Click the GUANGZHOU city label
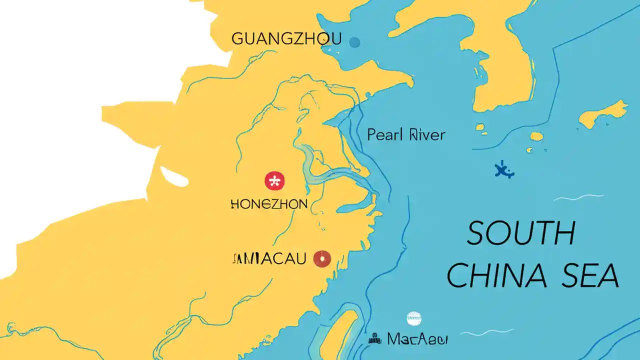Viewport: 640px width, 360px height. pyautogui.click(x=286, y=38)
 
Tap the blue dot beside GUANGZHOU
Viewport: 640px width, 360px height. pyautogui.click(x=354, y=42)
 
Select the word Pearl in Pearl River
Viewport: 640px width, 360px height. pyautogui.click(x=384, y=134)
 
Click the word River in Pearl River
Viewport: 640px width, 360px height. pyautogui.click(x=426, y=134)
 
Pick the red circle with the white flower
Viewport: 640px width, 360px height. pyautogui.click(x=274, y=181)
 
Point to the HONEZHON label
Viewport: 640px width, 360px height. pyautogui.click(x=269, y=204)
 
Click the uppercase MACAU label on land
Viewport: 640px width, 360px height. pyautogui.click(x=270, y=258)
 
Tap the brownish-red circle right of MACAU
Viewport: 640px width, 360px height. pyautogui.click(x=322, y=258)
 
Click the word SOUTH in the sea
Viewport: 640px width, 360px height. pyautogui.click(x=521, y=233)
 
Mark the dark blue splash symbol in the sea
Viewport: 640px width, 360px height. pyautogui.click(x=504, y=171)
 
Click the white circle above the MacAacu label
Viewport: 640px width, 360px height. pyautogui.click(x=414, y=317)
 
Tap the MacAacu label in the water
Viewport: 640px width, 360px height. pyautogui.click(x=417, y=339)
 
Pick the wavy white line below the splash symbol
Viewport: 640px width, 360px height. pyautogui.click(x=578, y=197)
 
